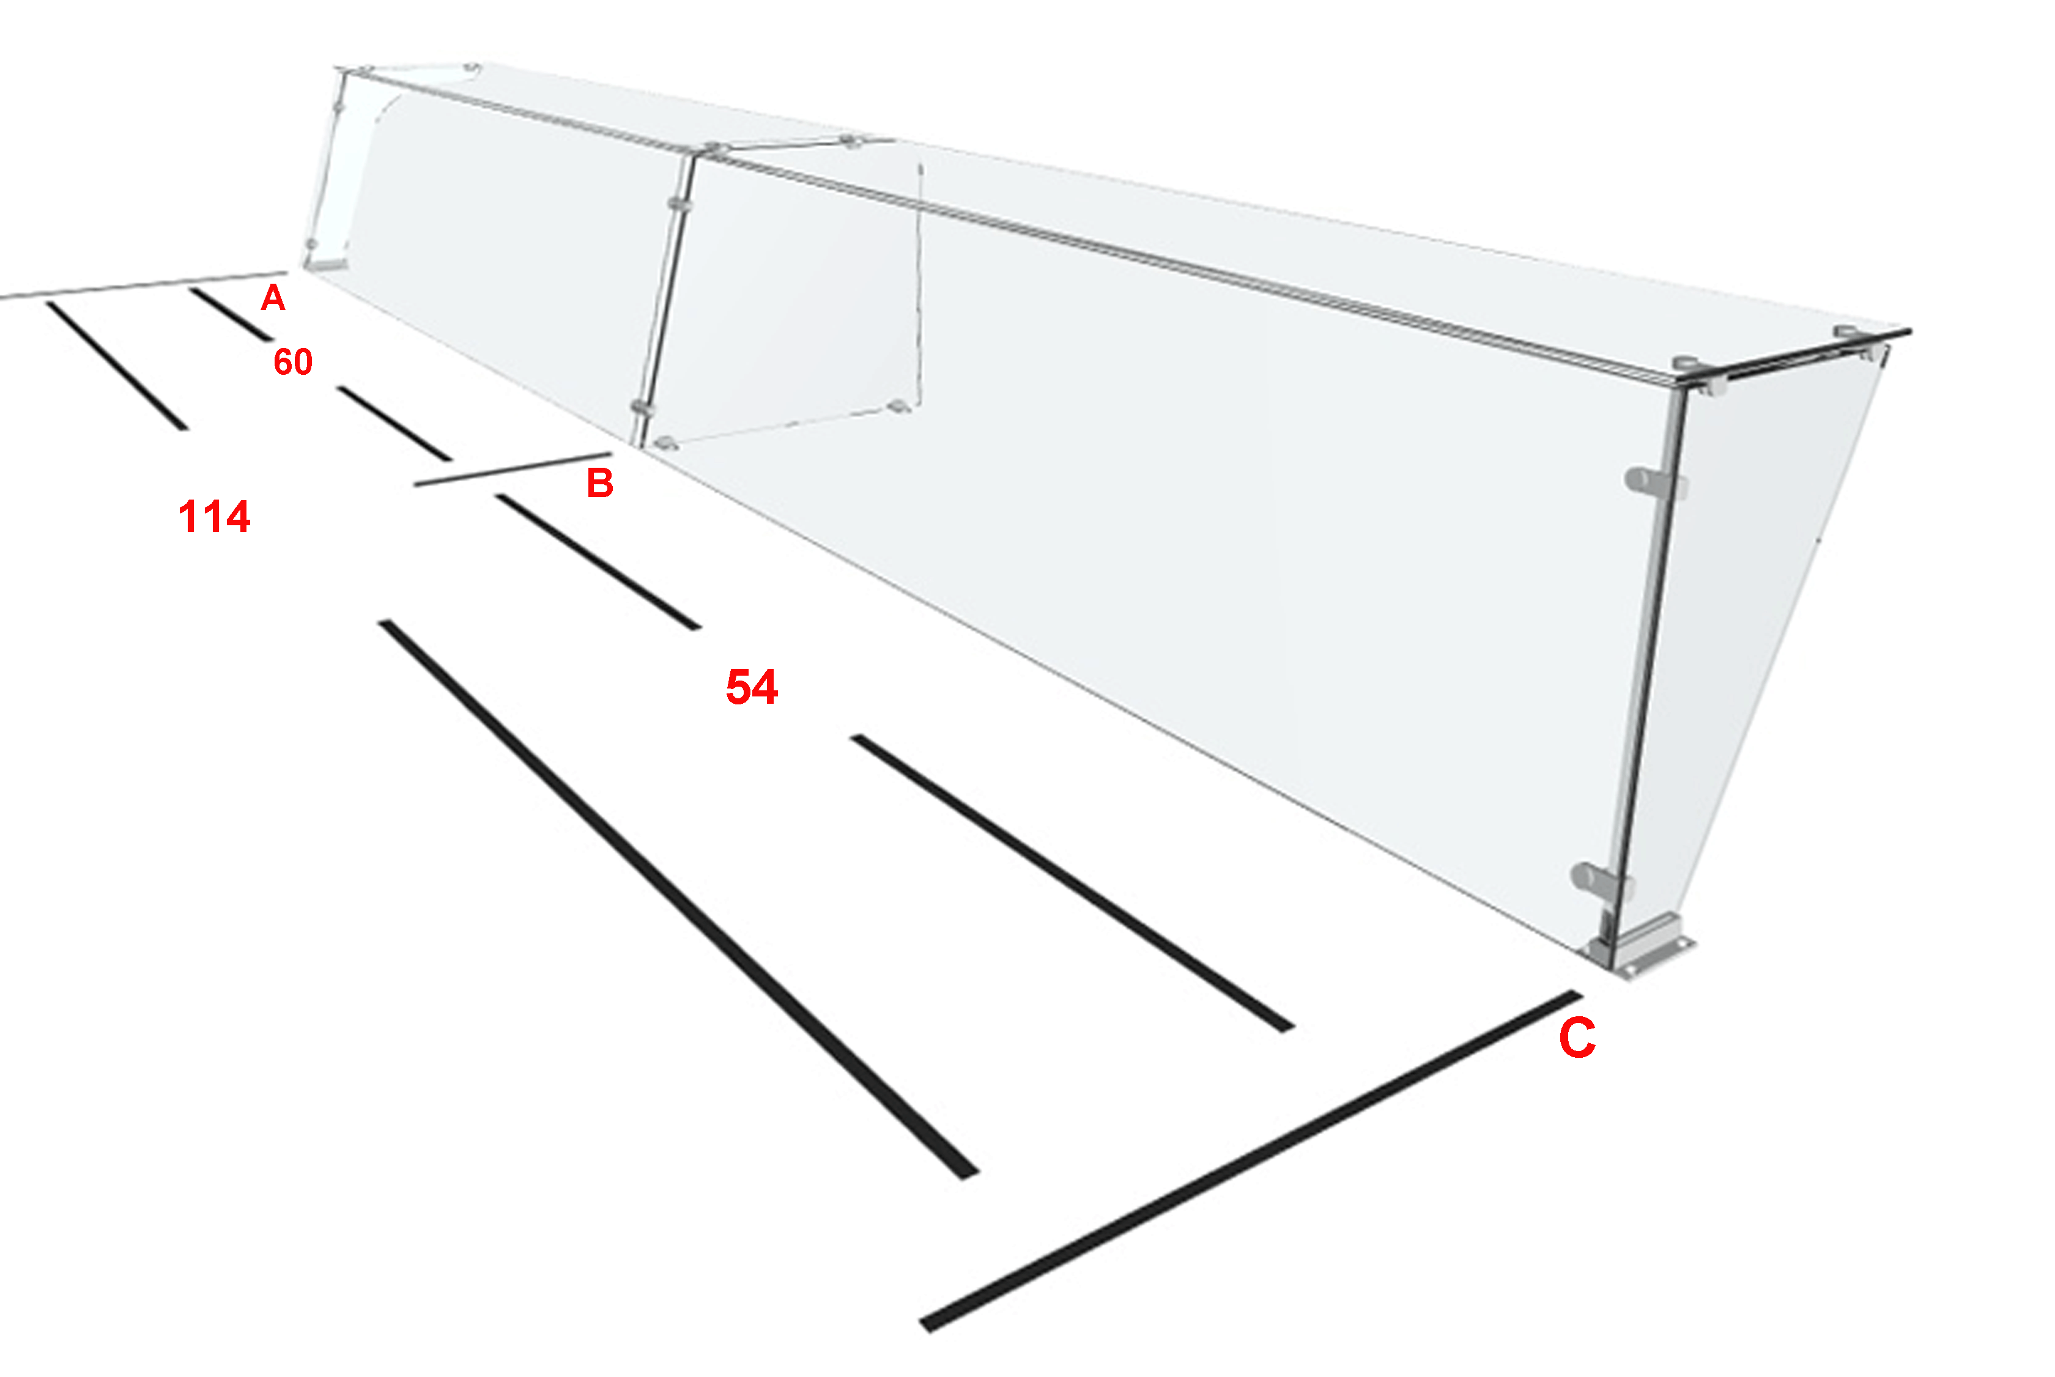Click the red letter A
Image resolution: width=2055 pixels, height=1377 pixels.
click(273, 298)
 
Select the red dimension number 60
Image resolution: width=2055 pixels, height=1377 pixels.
click(292, 362)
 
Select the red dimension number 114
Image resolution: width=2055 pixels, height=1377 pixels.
click(214, 516)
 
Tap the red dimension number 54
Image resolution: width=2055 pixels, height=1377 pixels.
click(752, 687)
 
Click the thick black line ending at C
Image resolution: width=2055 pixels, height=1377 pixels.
click(1251, 1161)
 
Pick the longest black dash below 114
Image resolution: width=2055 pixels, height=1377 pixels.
click(679, 899)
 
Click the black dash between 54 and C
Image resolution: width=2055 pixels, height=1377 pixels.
click(1072, 884)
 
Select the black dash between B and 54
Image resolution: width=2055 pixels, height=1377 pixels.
click(598, 562)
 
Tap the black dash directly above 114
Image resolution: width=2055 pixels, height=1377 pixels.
click(117, 365)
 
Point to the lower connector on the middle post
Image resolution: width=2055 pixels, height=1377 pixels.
click(642, 407)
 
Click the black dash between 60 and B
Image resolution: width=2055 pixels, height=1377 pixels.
click(394, 423)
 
